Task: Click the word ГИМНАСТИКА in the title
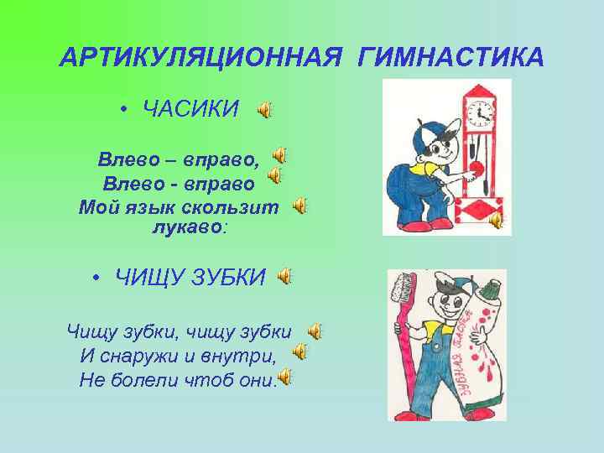450,57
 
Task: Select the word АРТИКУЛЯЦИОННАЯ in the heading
200,57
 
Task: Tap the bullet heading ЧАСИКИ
191,109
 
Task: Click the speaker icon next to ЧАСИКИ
264,110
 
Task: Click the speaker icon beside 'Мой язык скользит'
299,206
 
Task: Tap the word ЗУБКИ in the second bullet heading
226,277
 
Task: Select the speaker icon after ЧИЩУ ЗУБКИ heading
286,276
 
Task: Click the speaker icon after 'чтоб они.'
285,377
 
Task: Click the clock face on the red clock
481,111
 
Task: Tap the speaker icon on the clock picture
496,221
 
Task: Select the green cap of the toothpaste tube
490,288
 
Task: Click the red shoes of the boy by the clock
414,226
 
